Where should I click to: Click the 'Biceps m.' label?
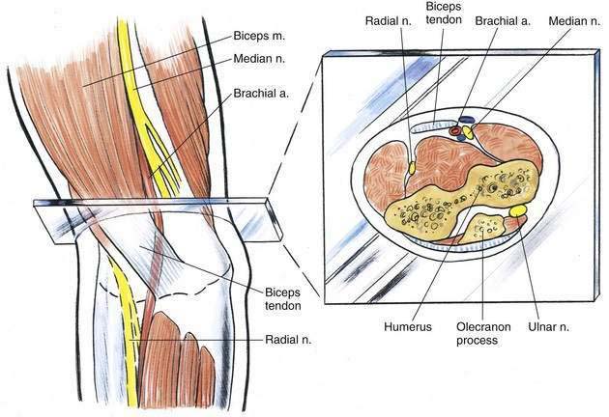259,36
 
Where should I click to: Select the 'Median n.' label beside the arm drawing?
259,59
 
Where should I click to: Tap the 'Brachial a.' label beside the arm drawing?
261,94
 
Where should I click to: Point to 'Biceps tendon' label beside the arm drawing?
282,298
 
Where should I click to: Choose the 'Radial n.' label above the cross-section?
388,21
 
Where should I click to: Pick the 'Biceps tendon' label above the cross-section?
444,13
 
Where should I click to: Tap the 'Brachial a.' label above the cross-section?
503,21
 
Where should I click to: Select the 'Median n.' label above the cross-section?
574,21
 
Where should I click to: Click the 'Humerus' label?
408,326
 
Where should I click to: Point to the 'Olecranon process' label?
483,334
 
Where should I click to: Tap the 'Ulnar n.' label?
548,326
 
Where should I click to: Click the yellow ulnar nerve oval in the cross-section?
518,210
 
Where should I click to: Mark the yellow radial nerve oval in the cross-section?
412,168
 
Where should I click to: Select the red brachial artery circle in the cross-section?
454,131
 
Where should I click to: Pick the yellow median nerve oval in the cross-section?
468,133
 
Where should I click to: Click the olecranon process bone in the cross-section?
484,228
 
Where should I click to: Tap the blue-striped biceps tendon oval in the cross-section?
433,126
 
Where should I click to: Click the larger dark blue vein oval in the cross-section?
467,120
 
